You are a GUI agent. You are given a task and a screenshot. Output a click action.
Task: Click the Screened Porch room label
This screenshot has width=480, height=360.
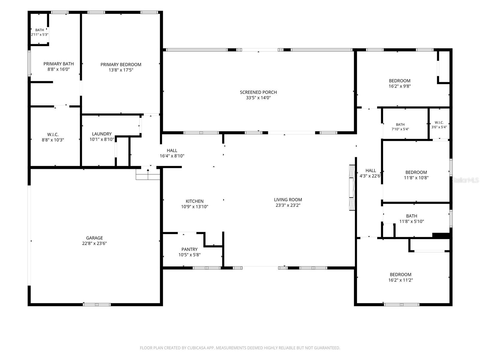click(258, 92)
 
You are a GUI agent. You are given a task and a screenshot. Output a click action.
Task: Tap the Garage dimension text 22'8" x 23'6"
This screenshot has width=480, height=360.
click(94, 243)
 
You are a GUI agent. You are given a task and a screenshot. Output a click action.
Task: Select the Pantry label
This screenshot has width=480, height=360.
click(189, 249)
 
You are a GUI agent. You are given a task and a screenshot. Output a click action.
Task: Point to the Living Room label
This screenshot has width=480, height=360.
click(288, 199)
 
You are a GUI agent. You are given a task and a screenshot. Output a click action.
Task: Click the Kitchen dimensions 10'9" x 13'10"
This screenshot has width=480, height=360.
click(195, 207)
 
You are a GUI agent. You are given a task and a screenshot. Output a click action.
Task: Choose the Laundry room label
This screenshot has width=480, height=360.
click(102, 134)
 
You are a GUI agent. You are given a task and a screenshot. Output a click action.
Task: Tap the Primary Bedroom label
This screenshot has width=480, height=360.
click(121, 64)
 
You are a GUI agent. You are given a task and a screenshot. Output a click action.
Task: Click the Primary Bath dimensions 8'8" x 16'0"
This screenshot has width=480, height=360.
click(58, 69)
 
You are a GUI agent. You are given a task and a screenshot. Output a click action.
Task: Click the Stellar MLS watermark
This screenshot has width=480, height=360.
click(465, 180)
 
